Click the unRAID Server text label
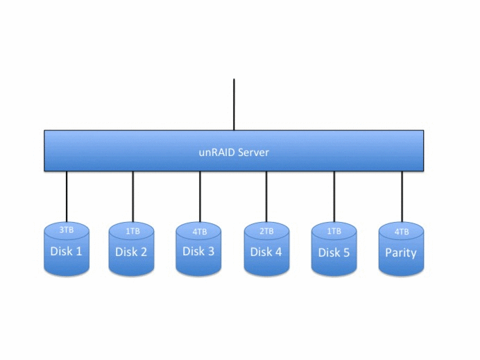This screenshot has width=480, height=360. pyautogui.click(x=234, y=152)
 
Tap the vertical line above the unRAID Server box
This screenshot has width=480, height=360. pyautogui.click(x=234, y=104)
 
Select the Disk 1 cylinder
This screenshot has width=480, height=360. pyautogui.click(x=67, y=251)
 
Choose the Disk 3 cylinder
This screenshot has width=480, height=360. pyautogui.click(x=198, y=252)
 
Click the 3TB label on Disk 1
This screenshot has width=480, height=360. pyautogui.click(x=67, y=230)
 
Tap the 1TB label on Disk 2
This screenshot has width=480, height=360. pyautogui.click(x=132, y=231)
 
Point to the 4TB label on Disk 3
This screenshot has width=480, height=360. pyautogui.click(x=199, y=231)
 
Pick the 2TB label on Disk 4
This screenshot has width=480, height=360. pyautogui.click(x=266, y=231)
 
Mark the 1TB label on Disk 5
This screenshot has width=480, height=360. pyautogui.click(x=334, y=231)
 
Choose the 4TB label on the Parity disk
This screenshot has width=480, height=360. pyautogui.click(x=401, y=231)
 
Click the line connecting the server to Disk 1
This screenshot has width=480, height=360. pyautogui.click(x=67, y=196)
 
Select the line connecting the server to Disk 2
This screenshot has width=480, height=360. pyautogui.click(x=132, y=196)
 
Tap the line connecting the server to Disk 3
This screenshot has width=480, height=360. pyautogui.click(x=200, y=196)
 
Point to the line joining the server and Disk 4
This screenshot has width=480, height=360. pyautogui.click(x=266, y=196)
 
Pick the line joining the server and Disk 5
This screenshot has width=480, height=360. pyautogui.click(x=334, y=196)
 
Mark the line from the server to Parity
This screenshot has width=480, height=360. pyautogui.click(x=402, y=196)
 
